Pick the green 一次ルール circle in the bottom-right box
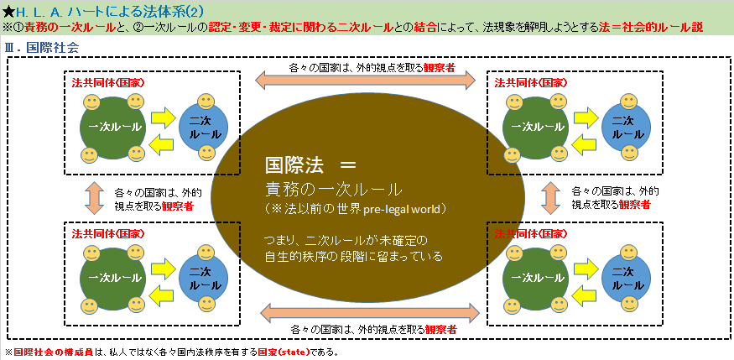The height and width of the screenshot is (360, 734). point(534,276)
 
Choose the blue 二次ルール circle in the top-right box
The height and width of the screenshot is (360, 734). point(622,127)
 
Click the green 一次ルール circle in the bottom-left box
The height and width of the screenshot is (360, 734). point(112,276)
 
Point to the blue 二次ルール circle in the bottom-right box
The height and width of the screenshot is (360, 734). point(622,277)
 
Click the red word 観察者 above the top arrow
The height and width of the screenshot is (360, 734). point(440,68)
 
